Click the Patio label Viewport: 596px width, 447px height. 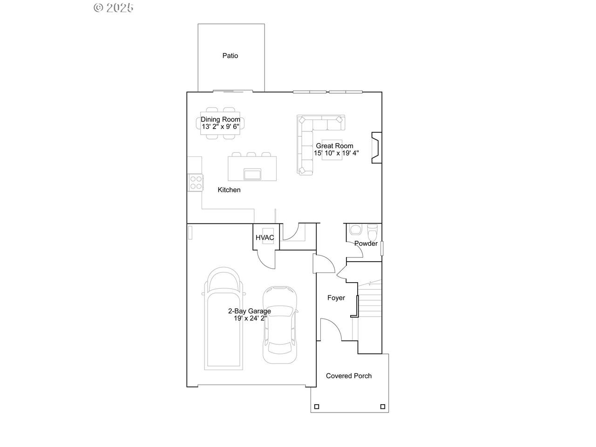[230, 55]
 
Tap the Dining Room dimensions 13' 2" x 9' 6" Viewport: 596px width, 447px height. [220, 127]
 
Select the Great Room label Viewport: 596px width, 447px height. [334, 146]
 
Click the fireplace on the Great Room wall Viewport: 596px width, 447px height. [377, 148]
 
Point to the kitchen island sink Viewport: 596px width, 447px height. [252, 174]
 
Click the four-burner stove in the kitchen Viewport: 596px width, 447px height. [196, 183]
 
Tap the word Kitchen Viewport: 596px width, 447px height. [229, 190]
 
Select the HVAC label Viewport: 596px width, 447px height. [264, 237]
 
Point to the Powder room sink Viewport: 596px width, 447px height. [355, 230]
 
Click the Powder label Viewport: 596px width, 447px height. [366, 244]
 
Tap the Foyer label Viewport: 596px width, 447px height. [336, 298]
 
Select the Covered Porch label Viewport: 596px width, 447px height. [349, 376]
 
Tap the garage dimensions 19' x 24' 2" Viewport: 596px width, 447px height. [250, 318]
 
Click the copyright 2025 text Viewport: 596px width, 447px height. [113, 8]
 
